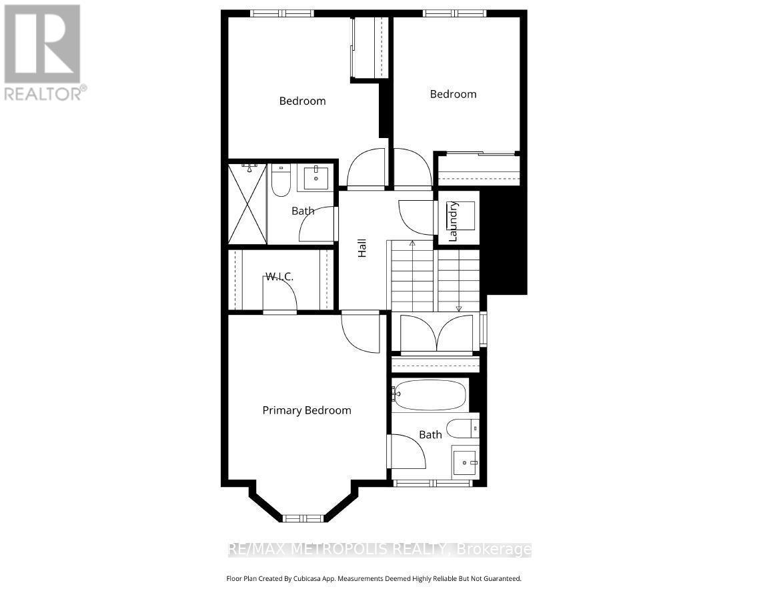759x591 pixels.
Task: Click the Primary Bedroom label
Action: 306,410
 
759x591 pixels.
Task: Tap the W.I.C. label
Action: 279,276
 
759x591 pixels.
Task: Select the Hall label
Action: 362,249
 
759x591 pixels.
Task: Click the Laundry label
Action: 453,221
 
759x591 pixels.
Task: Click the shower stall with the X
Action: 247,203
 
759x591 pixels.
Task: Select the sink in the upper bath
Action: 315,179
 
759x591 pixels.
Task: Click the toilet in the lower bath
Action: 462,427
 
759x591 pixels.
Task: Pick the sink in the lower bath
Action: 465,461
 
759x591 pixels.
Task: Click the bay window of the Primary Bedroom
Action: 303,518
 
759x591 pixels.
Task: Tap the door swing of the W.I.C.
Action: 280,301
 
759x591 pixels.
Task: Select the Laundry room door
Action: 416,216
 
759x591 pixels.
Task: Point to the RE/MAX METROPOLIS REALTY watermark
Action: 379,550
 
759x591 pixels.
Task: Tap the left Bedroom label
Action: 302,101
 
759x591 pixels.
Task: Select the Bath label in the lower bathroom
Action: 430,434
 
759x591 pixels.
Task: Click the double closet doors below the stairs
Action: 436,333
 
